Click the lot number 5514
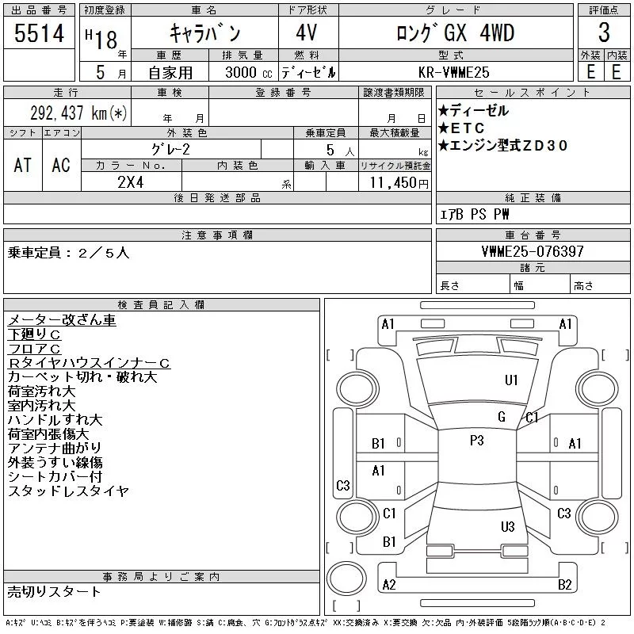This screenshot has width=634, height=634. tap(40, 33)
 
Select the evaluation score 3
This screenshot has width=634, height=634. tap(604, 33)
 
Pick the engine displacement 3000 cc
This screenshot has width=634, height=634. tap(240, 71)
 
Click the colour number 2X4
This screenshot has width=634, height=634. tap(131, 182)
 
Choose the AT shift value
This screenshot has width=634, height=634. tap(22, 165)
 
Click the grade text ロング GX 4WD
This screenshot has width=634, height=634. tap(455, 33)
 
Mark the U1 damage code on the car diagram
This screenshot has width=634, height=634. tap(511, 380)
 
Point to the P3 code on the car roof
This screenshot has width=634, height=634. tap(476, 441)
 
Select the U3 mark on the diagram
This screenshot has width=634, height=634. tap(508, 526)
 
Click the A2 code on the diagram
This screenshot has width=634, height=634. tap(389, 585)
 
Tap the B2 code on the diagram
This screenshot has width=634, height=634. tap(564, 585)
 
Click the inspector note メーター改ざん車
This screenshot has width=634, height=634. tap(62, 320)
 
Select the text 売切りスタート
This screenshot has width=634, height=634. tap(55, 591)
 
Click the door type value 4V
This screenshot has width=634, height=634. tap(308, 33)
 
